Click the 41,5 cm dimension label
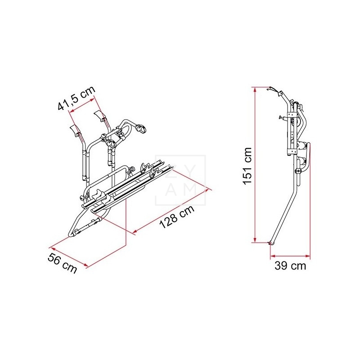click(x=76, y=98)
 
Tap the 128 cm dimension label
click(x=177, y=217)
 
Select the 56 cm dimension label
click(x=62, y=263)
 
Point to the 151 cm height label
click(x=248, y=166)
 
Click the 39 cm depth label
click(x=290, y=265)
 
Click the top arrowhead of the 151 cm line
click(x=254, y=90)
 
